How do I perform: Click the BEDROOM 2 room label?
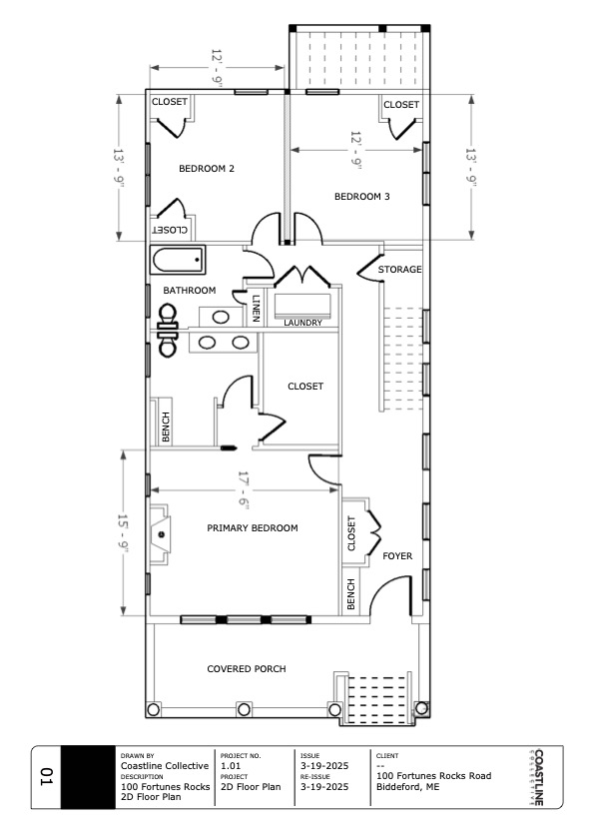(x=207, y=169)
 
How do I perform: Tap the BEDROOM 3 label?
(x=362, y=197)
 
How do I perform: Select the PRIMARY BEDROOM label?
(x=253, y=528)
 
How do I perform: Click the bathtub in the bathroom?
(x=178, y=261)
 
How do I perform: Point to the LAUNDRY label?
(x=302, y=323)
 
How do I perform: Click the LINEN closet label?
(x=256, y=309)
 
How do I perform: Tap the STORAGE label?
(x=399, y=270)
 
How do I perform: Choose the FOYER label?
(x=397, y=556)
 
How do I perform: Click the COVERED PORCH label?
(x=247, y=669)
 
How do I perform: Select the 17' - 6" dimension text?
(x=244, y=489)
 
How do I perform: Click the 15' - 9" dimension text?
(x=123, y=533)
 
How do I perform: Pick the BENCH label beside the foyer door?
(x=350, y=594)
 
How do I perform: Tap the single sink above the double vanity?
(x=221, y=317)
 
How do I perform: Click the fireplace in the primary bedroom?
(x=160, y=534)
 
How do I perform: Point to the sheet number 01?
(x=47, y=777)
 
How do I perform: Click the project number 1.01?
(x=231, y=766)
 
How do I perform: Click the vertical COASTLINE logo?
(x=538, y=777)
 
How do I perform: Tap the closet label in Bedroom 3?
(x=401, y=105)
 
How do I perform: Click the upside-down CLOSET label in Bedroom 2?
(x=170, y=230)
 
